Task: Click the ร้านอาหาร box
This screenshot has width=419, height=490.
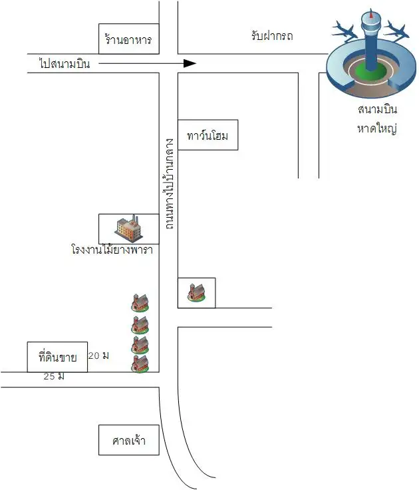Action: tap(128, 40)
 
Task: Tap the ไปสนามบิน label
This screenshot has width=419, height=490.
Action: tap(69, 64)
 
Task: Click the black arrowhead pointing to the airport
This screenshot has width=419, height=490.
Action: tap(190, 63)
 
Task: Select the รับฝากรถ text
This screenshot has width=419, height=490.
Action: tap(272, 37)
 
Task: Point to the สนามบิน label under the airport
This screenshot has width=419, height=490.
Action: tap(376, 109)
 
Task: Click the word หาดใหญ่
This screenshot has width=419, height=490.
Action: tap(376, 127)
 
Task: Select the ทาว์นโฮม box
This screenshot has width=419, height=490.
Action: tap(208, 136)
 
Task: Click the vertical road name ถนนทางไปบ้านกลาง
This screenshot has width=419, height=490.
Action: tap(169, 184)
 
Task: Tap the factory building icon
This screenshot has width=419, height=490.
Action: tap(128, 228)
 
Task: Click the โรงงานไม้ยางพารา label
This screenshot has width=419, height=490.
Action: tap(112, 250)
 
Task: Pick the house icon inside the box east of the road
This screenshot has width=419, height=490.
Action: tap(196, 293)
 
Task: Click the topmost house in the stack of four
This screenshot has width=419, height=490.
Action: tap(140, 302)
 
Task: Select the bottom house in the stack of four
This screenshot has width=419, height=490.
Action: tap(140, 364)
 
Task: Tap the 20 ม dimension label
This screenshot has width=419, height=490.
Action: tap(98, 356)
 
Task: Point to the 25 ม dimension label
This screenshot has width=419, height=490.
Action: tap(53, 377)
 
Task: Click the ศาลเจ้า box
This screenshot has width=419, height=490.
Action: tap(129, 440)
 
